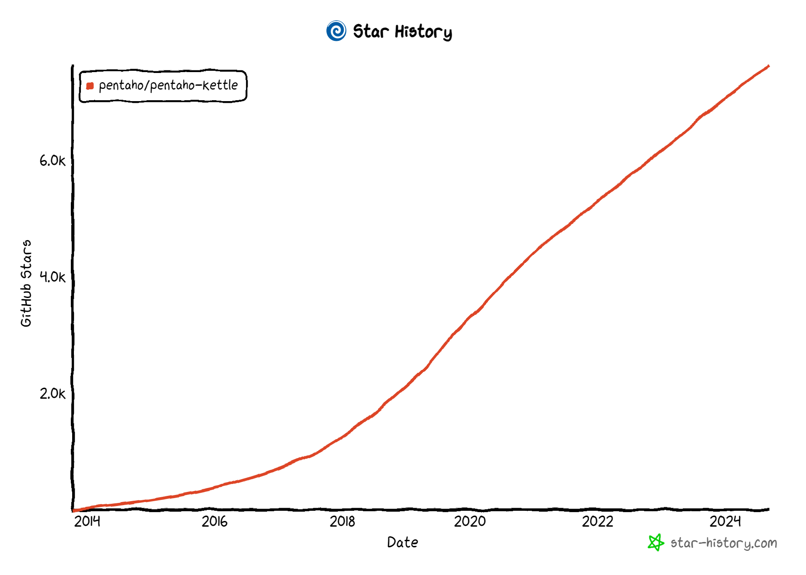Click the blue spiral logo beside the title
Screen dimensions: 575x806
[336, 31]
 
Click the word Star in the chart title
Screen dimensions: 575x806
[371, 32]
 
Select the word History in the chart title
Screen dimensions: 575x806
[423, 32]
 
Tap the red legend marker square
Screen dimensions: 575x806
[90, 86]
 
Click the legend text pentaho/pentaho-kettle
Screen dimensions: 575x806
[168, 85]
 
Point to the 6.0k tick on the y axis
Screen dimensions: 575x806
[52, 161]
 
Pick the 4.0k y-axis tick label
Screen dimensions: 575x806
[52, 277]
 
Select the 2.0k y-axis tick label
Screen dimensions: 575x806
[52, 393]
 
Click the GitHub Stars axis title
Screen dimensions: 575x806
[26, 283]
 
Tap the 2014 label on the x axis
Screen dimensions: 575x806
[87, 521]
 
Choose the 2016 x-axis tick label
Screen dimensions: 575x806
[215, 521]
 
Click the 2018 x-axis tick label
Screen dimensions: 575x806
[342, 521]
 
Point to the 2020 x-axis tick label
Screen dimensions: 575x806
[470, 521]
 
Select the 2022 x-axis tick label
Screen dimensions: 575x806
[597, 521]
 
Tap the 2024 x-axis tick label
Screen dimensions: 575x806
[725, 521]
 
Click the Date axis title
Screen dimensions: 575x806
[403, 542]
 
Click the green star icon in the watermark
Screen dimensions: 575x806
[656, 542]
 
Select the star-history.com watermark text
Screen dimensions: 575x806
[724, 543]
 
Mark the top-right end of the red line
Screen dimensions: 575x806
[768, 66]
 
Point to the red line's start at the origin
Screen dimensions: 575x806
[74, 510]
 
